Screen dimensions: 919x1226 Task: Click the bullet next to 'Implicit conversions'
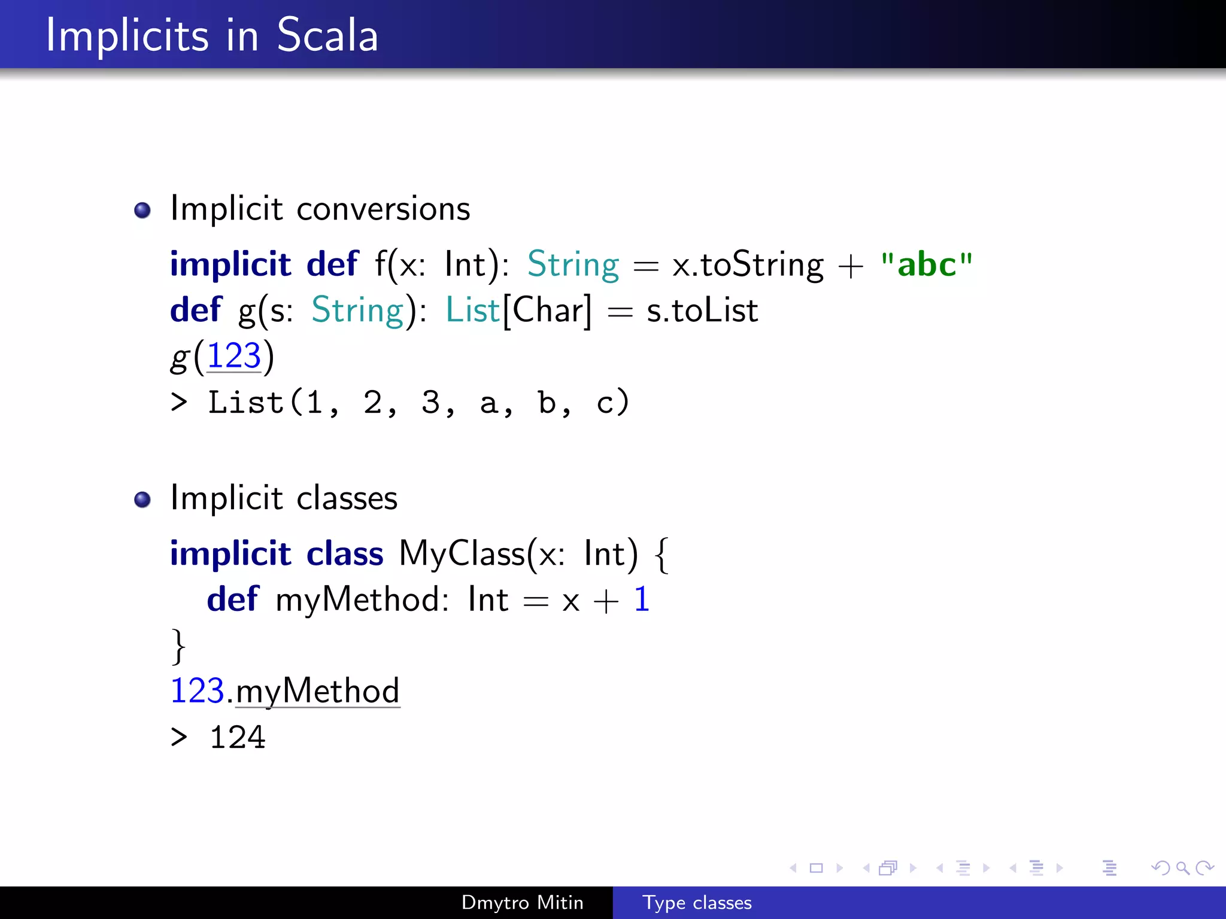(142, 210)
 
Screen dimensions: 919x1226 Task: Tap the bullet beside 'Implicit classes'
(142, 499)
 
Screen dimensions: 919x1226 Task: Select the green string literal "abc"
(927, 264)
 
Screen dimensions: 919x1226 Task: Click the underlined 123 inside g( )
(234, 356)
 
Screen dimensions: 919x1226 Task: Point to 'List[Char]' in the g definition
(518, 311)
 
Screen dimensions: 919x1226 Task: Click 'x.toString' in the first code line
(748, 264)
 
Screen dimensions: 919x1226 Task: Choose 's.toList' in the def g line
(702, 311)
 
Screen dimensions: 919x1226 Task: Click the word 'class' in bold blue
(345, 553)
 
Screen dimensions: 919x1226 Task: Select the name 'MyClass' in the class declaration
(462, 553)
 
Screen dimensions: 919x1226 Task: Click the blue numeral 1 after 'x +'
(642, 600)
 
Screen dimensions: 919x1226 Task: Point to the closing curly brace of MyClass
(178, 646)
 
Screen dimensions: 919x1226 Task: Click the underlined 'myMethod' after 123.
(317, 692)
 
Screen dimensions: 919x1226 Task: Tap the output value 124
(238, 737)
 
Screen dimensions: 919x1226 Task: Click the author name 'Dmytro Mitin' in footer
(522, 902)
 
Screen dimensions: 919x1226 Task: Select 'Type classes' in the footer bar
(697, 902)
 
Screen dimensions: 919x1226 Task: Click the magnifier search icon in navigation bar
(1182, 868)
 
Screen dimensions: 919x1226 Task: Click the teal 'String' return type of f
(573, 264)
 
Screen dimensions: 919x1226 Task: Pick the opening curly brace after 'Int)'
(661, 555)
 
